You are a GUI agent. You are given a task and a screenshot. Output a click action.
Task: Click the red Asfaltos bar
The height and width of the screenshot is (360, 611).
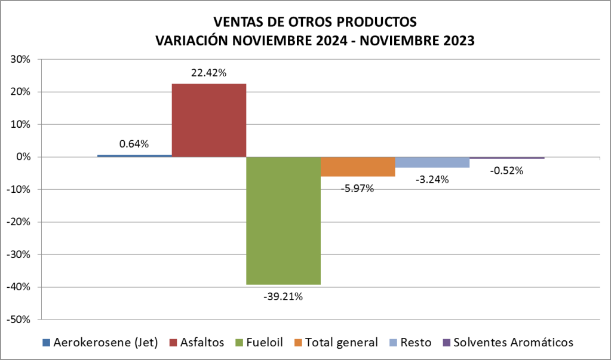209,120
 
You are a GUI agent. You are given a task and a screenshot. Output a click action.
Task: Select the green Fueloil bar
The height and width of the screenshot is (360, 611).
284,220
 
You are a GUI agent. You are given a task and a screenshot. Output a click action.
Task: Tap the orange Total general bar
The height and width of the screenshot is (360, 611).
358,167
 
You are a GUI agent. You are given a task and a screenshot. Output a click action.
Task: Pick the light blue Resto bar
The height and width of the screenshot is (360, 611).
432,162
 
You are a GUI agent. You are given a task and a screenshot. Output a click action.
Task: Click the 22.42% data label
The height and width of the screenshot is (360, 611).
208,73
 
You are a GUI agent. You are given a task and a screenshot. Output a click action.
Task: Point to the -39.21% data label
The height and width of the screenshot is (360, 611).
283,296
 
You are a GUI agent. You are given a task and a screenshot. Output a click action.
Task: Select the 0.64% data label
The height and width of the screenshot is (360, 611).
134,144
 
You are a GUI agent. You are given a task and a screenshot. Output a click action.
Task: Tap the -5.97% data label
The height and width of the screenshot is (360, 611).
358,189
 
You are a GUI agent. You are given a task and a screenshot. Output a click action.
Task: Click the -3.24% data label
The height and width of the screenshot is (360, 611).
432,179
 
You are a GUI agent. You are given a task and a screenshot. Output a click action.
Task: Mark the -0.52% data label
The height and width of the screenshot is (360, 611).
506,170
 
